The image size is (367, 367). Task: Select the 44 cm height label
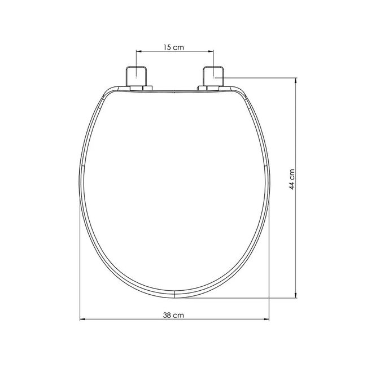291,180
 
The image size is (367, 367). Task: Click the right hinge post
213,76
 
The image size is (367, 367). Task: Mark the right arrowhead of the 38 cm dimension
269,320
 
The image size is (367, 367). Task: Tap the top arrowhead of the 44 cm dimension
296,81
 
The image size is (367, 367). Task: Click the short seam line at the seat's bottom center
176,294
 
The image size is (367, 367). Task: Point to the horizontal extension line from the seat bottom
237,298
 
